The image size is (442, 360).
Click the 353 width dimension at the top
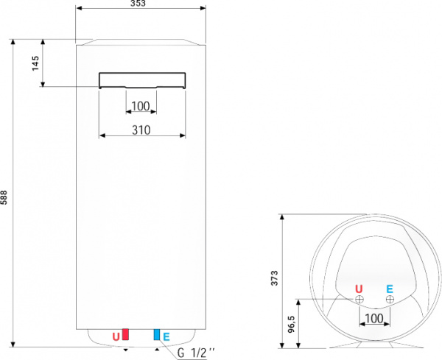[140, 4]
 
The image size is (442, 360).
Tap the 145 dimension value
[35, 64]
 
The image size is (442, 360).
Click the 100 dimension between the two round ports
[374, 318]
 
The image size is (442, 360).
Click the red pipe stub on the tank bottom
[125, 335]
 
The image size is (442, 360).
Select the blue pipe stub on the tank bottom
[157, 335]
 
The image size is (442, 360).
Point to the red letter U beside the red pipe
[115, 337]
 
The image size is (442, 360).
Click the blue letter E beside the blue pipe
[166, 337]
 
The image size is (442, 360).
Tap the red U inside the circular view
[359, 288]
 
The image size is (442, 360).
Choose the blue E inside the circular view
[390, 288]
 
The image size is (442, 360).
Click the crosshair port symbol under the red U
[359, 300]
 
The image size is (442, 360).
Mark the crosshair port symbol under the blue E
[390, 300]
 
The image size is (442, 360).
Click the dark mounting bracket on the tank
[142, 80]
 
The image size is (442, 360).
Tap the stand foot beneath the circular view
[358, 345]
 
